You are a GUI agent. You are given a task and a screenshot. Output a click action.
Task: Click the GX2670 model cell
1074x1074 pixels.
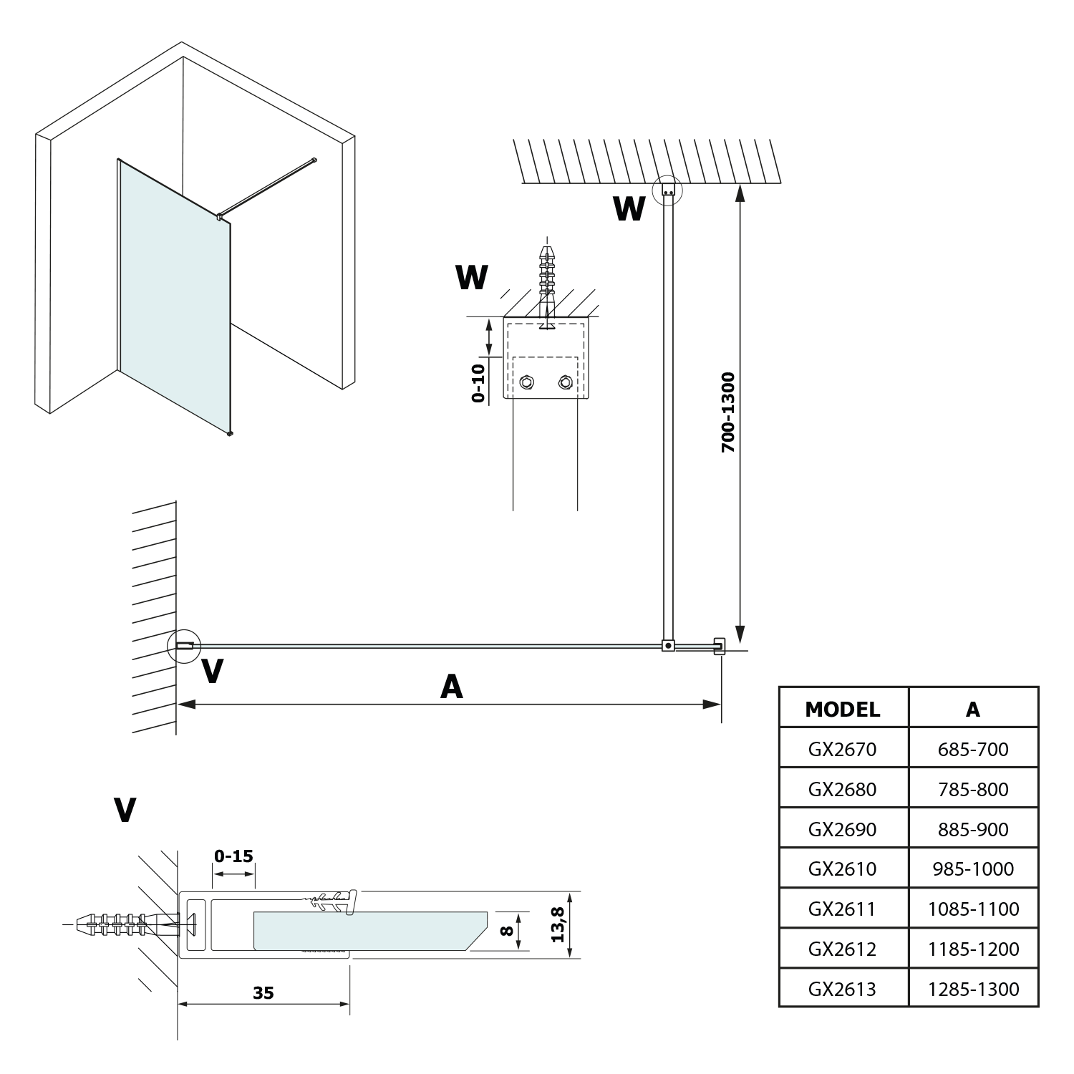842,749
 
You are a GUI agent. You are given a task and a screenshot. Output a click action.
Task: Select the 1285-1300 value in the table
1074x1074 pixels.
972,989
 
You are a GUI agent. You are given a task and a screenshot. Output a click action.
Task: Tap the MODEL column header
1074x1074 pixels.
842,709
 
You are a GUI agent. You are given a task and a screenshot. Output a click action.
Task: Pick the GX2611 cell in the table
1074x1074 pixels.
842,909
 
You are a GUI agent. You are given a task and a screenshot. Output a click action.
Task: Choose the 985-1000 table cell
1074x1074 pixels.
972,869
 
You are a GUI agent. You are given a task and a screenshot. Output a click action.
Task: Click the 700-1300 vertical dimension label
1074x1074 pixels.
728,412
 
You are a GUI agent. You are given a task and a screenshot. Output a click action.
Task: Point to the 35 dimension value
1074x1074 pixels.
263,992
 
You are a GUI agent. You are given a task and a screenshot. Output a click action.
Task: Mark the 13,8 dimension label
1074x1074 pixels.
558,924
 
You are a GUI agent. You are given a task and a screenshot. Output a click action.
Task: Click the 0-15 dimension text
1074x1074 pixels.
233,856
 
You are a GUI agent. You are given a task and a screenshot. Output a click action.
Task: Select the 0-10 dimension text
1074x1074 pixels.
478,383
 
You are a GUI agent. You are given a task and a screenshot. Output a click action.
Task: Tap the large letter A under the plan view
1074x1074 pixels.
451,687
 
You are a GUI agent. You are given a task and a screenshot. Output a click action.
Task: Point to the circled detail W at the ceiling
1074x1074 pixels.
668,190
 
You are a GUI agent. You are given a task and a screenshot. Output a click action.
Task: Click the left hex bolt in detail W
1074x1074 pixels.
527,382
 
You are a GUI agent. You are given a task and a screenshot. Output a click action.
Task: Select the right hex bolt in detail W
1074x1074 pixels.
565,382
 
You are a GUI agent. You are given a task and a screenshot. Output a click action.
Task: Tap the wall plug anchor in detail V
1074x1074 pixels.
118,924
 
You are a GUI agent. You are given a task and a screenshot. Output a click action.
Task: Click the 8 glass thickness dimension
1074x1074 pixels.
506,931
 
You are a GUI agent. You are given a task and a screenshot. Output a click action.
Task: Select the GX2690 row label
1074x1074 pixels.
842,829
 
